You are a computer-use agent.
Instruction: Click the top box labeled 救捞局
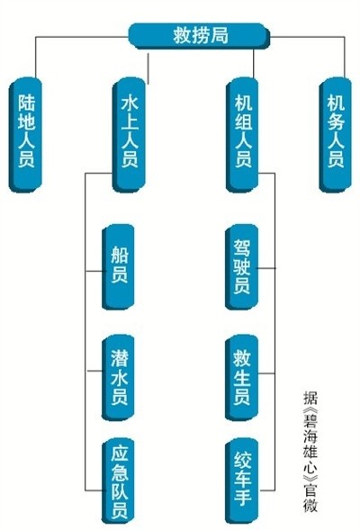coord(199,36)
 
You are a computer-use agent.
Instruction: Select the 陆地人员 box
coord(26,135)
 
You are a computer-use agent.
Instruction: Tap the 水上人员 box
coord(129,135)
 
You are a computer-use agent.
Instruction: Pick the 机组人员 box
coord(242,135)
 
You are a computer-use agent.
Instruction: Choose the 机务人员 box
coord(336,135)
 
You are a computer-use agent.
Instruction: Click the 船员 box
coord(118,266)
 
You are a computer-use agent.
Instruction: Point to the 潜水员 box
coord(118,378)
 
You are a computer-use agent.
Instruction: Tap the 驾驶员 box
coord(242,266)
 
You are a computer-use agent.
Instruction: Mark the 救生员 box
coord(242,378)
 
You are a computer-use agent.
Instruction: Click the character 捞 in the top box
coord(201,35)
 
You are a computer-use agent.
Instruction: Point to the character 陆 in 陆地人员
coord(27,103)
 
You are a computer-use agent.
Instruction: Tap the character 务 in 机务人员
coord(336,121)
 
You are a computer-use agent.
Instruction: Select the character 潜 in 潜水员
coord(120,358)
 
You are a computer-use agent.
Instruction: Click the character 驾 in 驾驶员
coord(242,248)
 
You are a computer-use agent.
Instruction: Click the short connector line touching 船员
coord(94,271)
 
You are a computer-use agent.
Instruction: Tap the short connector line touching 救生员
coord(266,373)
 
